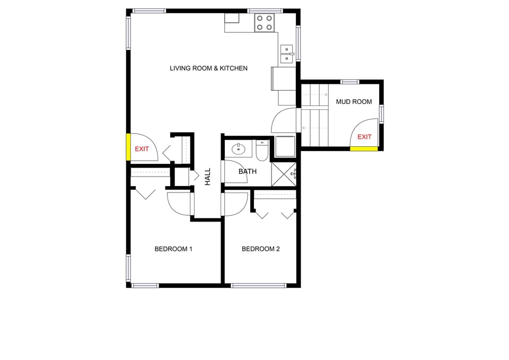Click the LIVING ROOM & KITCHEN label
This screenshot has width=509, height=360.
coord(208,68)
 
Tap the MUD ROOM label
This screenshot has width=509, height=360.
coord(354,102)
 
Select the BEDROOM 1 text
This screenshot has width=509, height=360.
coord(173,249)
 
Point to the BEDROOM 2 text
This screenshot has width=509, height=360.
coord(260,249)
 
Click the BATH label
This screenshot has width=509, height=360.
coord(248,172)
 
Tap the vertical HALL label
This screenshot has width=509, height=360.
coord(208,176)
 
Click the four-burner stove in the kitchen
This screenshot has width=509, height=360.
coord(265,23)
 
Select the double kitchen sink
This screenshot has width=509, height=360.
coord(287,54)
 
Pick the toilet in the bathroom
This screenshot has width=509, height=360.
coord(262,151)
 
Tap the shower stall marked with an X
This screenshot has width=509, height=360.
coord(284,173)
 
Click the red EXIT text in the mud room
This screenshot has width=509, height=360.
coord(364,137)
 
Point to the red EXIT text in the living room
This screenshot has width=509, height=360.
coord(142,149)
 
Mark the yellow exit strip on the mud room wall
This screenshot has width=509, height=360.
coord(364,149)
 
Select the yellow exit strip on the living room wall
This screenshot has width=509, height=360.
coord(128,147)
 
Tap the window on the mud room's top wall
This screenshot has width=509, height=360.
coord(349,82)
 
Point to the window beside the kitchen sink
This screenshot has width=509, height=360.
coord(298,43)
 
